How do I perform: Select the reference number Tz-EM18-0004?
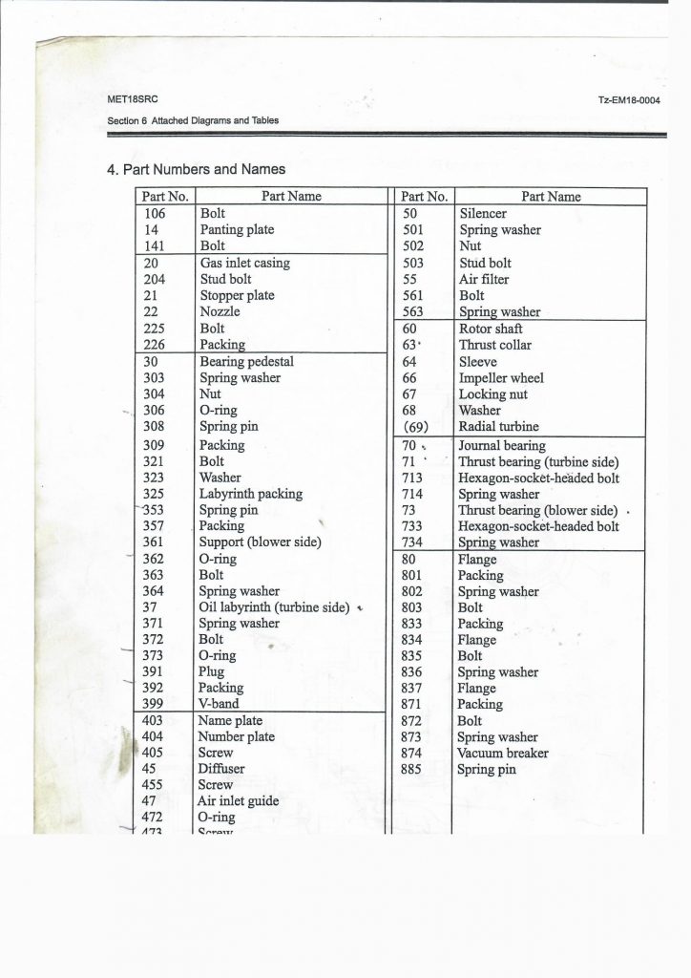(629, 100)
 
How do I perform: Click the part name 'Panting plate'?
(237, 230)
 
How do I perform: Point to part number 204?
(153, 279)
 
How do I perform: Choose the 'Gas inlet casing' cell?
(244, 263)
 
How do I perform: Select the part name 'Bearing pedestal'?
(246, 362)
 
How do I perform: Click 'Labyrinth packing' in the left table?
(250, 494)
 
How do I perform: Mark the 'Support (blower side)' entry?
(260, 542)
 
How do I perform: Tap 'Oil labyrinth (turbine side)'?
(274, 607)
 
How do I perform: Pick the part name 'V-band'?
(219, 704)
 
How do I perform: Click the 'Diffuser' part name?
(221, 769)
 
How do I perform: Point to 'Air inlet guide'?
(239, 801)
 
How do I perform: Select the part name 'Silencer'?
(483, 214)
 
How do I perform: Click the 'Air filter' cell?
(484, 279)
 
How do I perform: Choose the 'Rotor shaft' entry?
(491, 329)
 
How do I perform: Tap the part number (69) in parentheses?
(420, 427)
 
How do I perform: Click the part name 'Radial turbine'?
(498, 427)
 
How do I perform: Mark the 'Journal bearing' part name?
(502, 445)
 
